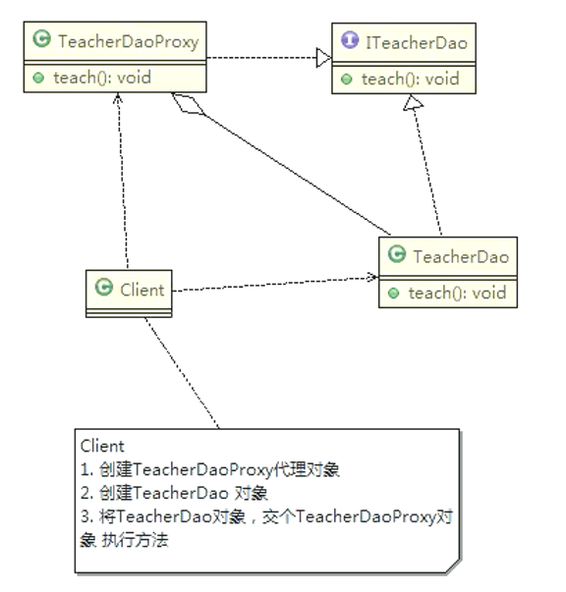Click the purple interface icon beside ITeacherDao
click(x=347, y=43)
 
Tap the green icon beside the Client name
click(x=102, y=290)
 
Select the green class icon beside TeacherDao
click(x=398, y=257)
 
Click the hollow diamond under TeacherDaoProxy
click(x=184, y=104)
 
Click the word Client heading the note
click(x=102, y=446)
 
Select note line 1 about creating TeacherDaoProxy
click(x=212, y=468)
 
